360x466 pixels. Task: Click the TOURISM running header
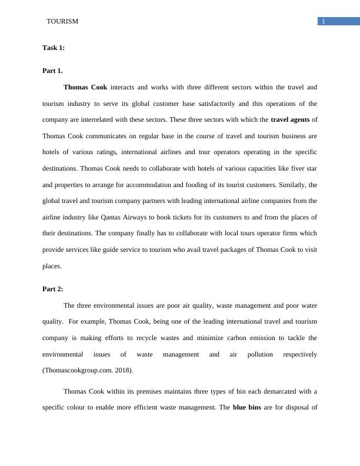click(62, 21)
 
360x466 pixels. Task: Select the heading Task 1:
click(54, 48)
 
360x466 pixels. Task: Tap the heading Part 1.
click(52, 71)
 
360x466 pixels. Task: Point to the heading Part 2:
click(53, 289)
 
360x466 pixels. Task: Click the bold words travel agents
click(290, 119)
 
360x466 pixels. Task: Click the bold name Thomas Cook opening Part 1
click(85, 87)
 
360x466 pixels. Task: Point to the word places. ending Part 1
click(52, 266)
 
